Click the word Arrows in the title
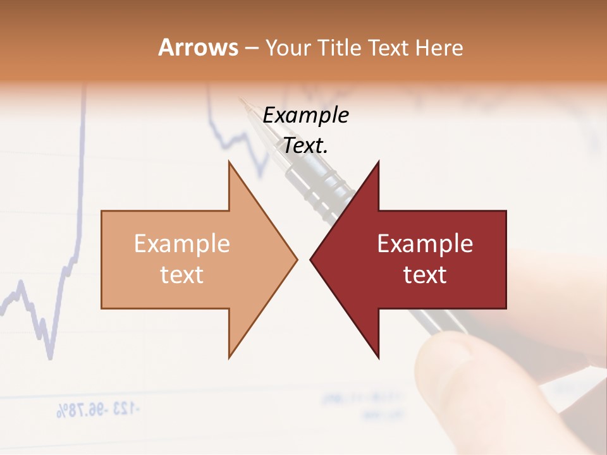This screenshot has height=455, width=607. tap(198, 47)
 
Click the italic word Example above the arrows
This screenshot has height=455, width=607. tap(306, 116)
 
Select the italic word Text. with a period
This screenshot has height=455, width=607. tap(306, 146)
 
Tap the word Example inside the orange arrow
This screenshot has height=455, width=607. tap(182, 243)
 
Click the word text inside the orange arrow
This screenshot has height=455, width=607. tap(182, 275)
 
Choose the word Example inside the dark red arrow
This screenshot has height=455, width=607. tap(425, 243)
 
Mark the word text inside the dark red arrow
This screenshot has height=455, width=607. tap(425, 275)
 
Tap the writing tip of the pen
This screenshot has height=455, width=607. tap(241, 99)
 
